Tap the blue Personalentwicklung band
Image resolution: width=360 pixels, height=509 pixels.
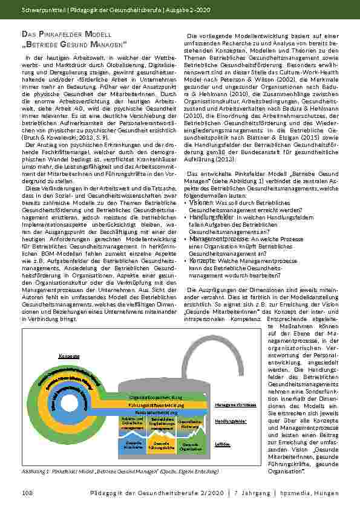click(x=156, y=412)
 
